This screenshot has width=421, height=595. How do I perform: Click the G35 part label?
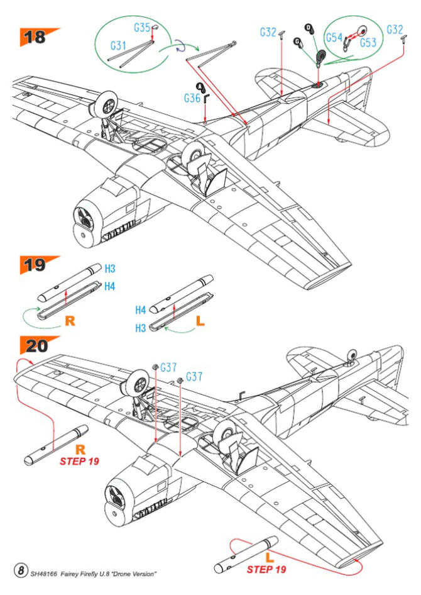point(141,28)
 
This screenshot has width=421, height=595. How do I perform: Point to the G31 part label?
point(118,46)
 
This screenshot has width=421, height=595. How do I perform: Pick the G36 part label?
point(192,98)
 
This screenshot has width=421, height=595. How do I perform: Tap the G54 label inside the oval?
point(334,38)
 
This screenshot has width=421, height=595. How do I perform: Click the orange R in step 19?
point(70,320)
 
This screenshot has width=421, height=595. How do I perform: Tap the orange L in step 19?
point(200,320)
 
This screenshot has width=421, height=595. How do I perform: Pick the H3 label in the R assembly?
point(110,269)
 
